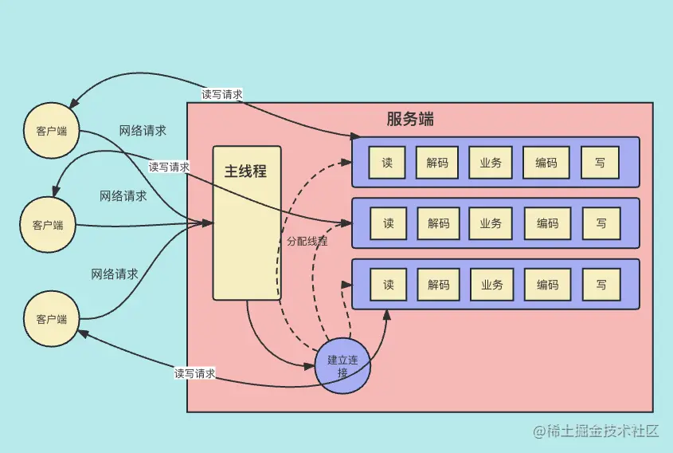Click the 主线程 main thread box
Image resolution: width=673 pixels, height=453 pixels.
(247, 223)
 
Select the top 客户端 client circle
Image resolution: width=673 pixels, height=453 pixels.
(52, 131)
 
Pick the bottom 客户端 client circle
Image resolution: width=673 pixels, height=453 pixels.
(52, 319)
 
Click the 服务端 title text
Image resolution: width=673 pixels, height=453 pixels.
(410, 120)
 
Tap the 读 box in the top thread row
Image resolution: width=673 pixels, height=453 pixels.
(388, 163)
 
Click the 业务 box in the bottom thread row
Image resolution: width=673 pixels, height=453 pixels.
(491, 285)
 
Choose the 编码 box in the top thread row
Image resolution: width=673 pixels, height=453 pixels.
(546, 163)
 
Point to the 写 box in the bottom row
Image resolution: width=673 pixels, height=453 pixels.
(601, 285)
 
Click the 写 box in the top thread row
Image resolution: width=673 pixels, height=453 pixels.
(600, 163)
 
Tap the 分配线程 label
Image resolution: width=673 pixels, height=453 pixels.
(307, 241)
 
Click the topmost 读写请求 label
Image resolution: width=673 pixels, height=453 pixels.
(222, 94)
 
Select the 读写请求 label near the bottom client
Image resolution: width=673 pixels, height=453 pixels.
(195, 372)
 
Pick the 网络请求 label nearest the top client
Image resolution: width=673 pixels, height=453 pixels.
(143, 131)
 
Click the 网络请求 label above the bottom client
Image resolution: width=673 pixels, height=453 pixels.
(115, 274)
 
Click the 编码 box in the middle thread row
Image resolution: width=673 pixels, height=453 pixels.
(547, 223)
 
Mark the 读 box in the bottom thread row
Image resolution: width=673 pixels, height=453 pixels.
(389, 285)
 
